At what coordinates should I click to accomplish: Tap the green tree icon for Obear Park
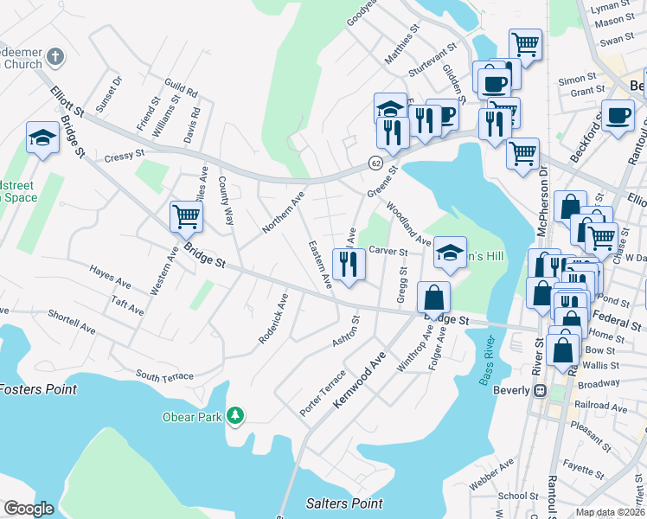(x=234, y=417)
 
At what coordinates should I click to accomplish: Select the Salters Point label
(x=344, y=503)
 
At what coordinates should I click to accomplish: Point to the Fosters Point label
(x=38, y=389)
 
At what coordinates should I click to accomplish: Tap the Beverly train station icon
(x=541, y=390)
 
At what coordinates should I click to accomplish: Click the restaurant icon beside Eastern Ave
(x=349, y=264)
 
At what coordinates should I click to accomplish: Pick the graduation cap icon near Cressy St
(x=42, y=138)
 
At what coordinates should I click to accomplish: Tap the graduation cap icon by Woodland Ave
(x=449, y=253)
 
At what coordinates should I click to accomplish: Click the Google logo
(x=29, y=509)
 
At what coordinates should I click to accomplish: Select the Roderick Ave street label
(x=272, y=317)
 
